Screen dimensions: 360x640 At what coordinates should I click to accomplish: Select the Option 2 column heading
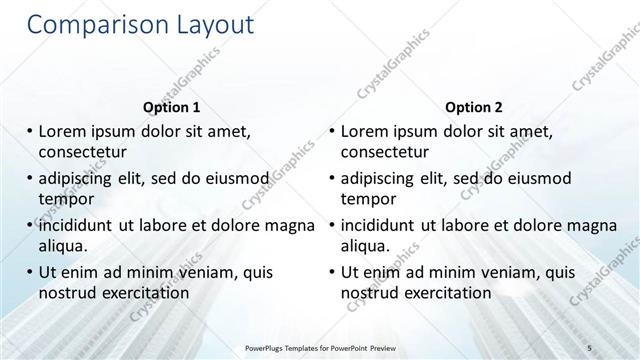[x=474, y=107]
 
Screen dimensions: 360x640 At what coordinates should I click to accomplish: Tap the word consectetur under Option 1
[x=83, y=153]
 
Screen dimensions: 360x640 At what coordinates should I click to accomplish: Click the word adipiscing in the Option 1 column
[x=81, y=179]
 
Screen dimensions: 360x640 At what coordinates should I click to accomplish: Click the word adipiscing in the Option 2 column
[x=383, y=179]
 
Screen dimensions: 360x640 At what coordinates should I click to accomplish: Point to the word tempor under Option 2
[x=368, y=198]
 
